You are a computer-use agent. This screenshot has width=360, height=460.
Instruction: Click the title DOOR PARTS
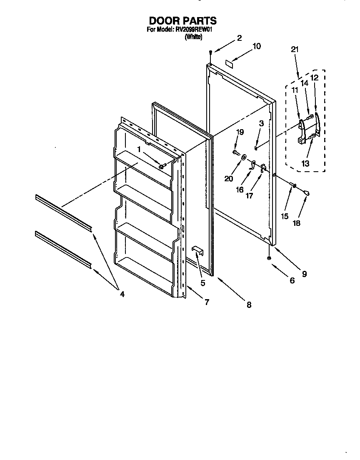click(x=182, y=20)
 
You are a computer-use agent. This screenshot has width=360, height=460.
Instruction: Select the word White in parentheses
click(x=193, y=37)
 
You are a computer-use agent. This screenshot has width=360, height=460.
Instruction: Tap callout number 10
click(x=257, y=46)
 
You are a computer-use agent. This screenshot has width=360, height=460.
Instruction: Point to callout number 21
click(x=295, y=49)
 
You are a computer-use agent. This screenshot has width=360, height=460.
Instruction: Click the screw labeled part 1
click(x=162, y=166)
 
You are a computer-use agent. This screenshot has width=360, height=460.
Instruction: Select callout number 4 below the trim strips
click(x=122, y=294)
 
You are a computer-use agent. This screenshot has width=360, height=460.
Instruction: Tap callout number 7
click(x=207, y=302)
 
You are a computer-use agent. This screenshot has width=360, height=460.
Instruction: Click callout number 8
click(x=249, y=305)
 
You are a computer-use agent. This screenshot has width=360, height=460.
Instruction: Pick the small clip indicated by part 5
click(x=197, y=250)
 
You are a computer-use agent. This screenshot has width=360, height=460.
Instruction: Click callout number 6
click(x=292, y=281)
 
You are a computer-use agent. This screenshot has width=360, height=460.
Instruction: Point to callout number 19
click(x=240, y=132)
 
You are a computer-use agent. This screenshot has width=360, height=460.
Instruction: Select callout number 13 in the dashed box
click(x=306, y=164)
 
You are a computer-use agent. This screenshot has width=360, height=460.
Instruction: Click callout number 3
click(x=261, y=123)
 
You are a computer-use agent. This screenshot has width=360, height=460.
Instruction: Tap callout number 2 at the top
click(x=239, y=38)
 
